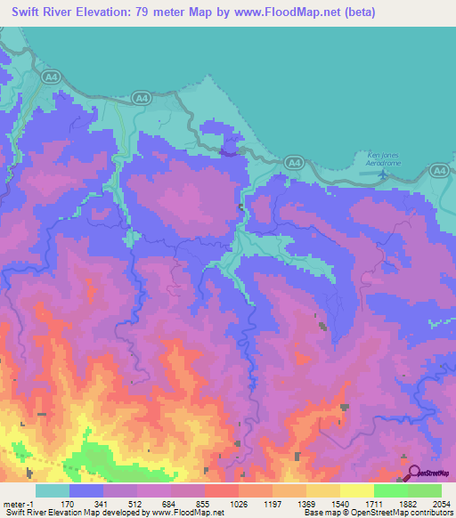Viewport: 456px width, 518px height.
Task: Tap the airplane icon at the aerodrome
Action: (383, 172)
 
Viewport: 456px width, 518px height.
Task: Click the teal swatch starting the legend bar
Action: (52, 490)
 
